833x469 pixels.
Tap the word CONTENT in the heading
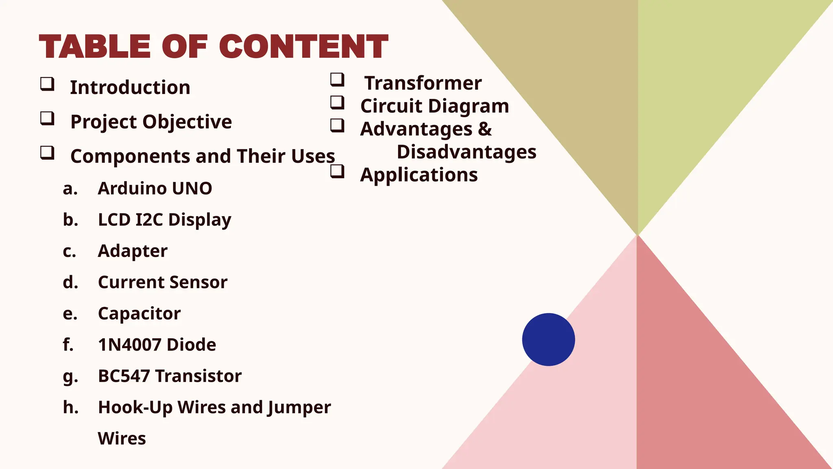[303, 46]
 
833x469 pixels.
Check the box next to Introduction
[47, 84]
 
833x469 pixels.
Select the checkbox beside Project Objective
[47, 118]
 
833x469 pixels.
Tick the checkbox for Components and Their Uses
[47, 153]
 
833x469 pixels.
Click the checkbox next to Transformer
[337, 79]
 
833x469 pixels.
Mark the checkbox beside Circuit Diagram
[337, 102]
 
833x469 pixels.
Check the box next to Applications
[337, 171]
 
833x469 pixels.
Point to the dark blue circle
[548, 340]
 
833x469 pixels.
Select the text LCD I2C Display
[164, 220]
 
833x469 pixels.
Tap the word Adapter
[133, 251]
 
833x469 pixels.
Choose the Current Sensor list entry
[162, 282]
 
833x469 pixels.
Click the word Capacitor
[139, 313]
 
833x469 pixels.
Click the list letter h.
[70, 407]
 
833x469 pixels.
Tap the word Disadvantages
[467, 152]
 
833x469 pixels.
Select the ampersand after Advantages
[485, 129]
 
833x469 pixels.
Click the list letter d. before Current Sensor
[70, 282]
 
